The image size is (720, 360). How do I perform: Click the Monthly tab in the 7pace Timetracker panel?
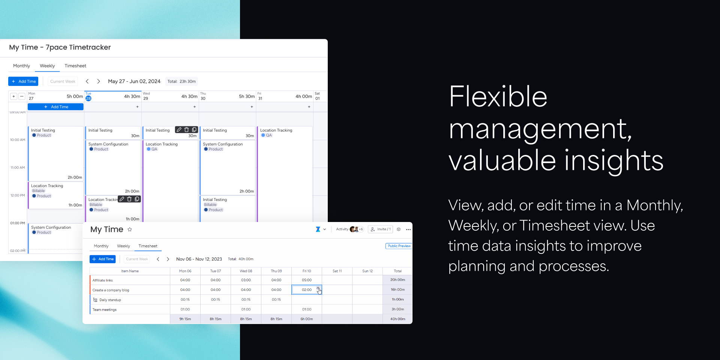coord(21,66)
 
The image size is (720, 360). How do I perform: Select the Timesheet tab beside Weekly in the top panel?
coord(75,66)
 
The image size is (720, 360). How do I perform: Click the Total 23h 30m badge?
coord(181,81)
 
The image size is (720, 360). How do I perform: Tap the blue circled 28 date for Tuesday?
coord(88,98)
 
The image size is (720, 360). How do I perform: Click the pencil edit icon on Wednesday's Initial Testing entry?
coord(179,130)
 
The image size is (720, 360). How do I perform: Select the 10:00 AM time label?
coord(18,140)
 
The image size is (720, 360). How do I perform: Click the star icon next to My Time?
coord(130,229)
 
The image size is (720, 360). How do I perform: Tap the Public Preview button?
coord(399,246)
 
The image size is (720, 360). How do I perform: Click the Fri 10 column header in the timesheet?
coord(307,271)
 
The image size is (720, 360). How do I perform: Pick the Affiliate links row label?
coord(102,280)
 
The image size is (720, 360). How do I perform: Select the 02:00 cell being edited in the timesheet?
coord(307,289)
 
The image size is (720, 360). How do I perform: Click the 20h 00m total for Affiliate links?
coord(397,280)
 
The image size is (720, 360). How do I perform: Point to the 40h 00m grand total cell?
coord(397,319)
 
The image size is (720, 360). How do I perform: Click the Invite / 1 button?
coord(381,229)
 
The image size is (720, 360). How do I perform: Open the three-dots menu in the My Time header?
coord(408,229)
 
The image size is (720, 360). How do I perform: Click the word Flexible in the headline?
coord(498,96)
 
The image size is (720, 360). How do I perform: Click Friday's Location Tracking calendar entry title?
coord(276,130)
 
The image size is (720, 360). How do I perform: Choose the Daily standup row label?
coord(110,300)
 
